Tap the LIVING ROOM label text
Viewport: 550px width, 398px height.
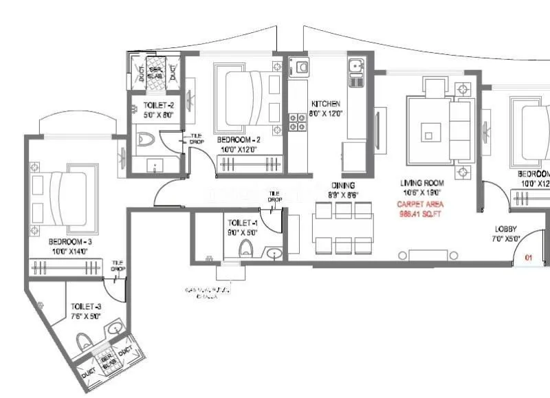423,184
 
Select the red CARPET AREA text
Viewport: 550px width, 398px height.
420,204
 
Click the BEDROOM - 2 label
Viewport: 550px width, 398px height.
236,139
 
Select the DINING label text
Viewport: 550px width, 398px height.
342,186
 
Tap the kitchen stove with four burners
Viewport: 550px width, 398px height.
297,122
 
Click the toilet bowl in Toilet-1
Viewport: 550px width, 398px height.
247,248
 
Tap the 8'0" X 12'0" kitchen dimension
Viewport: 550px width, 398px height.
326,113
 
